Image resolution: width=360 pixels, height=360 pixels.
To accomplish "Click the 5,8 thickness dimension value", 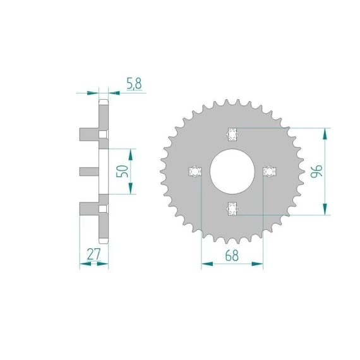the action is tap(135, 84).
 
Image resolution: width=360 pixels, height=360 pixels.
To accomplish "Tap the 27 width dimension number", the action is tap(94, 254).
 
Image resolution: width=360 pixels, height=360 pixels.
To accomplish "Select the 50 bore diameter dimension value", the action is tap(122, 171).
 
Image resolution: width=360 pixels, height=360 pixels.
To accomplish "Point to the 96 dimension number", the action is tap(316, 171).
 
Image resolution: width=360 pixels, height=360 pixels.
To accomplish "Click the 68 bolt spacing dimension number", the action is tap(232, 255).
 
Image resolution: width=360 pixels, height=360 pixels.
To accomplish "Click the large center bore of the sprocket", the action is tap(232, 171).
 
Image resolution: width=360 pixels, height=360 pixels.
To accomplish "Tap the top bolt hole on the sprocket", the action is tap(232, 134).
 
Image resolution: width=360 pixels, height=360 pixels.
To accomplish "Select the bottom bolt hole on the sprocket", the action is tap(232, 208).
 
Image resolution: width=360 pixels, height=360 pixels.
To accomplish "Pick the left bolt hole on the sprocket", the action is tap(195, 171).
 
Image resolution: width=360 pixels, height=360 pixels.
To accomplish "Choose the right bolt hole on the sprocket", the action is tap(270, 171).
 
